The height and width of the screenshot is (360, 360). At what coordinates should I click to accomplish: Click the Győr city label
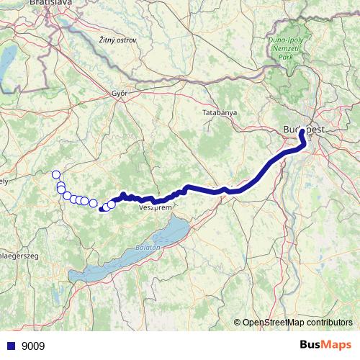[120, 93]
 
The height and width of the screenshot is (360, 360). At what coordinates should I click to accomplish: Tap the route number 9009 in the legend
[33, 346]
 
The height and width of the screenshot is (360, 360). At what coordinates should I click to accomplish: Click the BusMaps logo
[324, 346]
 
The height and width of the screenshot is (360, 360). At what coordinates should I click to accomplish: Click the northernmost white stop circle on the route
[56, 174]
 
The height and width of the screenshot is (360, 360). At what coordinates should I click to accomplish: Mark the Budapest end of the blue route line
[302, 132]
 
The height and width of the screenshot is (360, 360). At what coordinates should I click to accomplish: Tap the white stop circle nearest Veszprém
[112, 204]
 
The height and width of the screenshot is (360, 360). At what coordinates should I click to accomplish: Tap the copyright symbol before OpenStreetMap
[238, 323]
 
